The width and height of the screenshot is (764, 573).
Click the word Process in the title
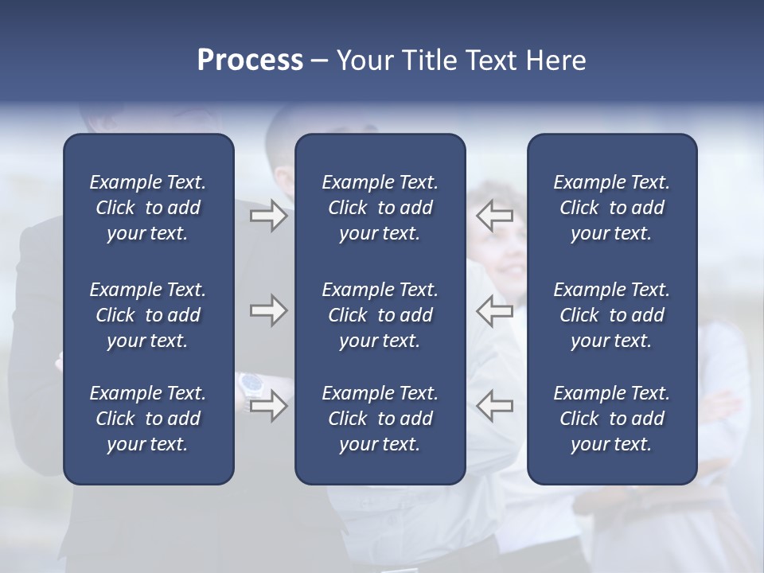pos(250,60)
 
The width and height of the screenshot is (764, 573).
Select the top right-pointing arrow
pos(268,216)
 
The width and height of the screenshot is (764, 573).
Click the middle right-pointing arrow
pos(268,310)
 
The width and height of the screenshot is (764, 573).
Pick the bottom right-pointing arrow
pos(268,406)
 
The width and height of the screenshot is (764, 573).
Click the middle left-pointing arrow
pos(495,310)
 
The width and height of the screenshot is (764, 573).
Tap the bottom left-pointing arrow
pos(495,406)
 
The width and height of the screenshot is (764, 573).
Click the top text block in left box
pos(148,208)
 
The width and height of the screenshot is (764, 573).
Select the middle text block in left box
pos(148,315)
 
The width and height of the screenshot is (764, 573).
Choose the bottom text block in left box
pos(148,419)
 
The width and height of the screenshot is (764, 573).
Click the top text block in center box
pos(380,208)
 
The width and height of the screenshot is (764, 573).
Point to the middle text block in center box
pos(380,315)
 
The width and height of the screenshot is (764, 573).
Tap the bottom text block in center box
pos(380,419)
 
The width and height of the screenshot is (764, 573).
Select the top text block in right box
pos(611,208)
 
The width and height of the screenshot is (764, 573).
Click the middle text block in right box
pos(611,315)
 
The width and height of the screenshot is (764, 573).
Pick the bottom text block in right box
pos(611,419)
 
